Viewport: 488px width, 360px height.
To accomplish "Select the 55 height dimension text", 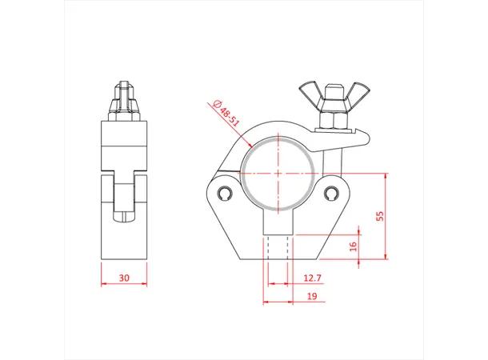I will click(380, 216).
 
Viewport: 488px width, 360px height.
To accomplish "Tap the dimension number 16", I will click(354, 246).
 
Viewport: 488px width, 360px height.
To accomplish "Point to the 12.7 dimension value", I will click(313, 278).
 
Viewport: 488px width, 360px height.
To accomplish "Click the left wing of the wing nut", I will click(310, 89).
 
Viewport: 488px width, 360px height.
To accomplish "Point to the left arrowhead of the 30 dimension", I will click(104, 285).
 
